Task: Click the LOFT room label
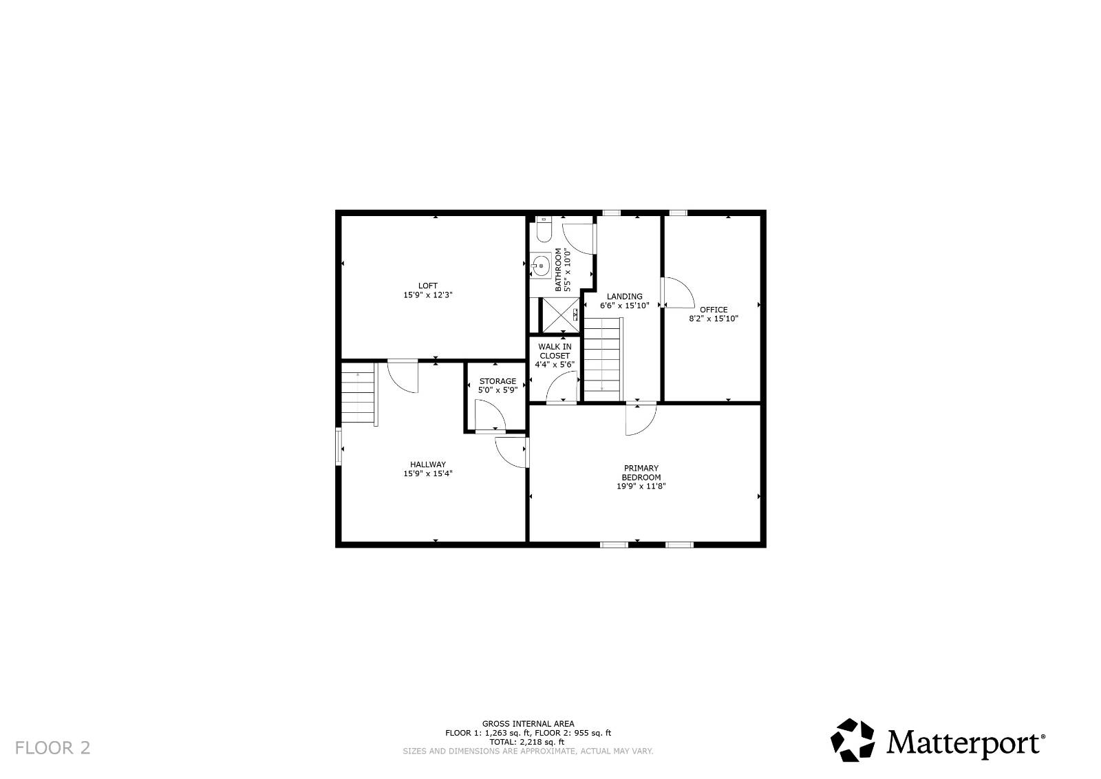[427, 286]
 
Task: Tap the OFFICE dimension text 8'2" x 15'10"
[714, 319]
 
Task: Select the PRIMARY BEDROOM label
[641, 473]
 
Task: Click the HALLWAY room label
[427, 465]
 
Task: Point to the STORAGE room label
[498, 381]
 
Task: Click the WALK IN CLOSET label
[555, 352]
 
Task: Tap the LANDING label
[624, 297]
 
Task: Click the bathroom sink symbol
[541, 264]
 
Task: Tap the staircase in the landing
[603, 358]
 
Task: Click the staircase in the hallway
[358, 394]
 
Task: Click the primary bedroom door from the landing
[641, 420]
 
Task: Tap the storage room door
[490, 417]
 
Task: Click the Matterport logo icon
[852, 740]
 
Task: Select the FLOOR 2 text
[52, 747]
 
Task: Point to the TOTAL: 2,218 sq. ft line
[527, 742]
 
